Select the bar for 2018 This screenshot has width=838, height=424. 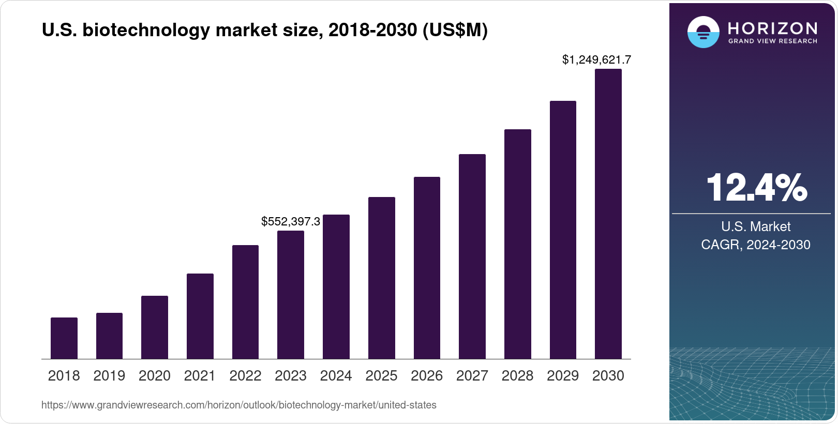pyautogui.click(x=64, y=338)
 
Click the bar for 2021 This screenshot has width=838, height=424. pyautogui.click(x=200, y=316)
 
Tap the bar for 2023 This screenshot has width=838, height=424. pyautogui.click(x=291, y=295)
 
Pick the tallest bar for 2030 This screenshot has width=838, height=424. pyautogui.click(x=608, y=214)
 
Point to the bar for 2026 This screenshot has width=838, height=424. pyautogui.click(x=427, y=268)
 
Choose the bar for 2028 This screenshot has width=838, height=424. pyautogui.click(x=518, y=244)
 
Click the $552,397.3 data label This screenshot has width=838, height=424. pyautogui.click(x=291, y=222)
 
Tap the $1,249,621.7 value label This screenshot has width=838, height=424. pyautogui.click(x=596, y=60)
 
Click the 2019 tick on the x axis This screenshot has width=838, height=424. pyautogui.click(x=109, y=376)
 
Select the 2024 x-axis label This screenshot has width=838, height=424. pyautogui.click(x=336, y=376)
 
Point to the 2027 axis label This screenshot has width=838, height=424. pyautogui.click(x=472, y=376)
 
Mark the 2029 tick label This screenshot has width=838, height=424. pyautogui.click(x=563, y=376)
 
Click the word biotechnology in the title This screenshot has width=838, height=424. pyautogui.click(x=146, y=31)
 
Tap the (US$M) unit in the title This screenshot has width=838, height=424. pyautogui.click(x=455, y=31)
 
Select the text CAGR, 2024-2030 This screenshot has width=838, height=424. pyautogui.click(x=756, y=245)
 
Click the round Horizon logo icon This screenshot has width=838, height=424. pyautogui.click(x=703, y=32)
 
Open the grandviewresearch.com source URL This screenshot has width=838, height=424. pyautogui.click(x=239, y=405)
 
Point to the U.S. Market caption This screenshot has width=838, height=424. pyautogui.click(x=756, y=226)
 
